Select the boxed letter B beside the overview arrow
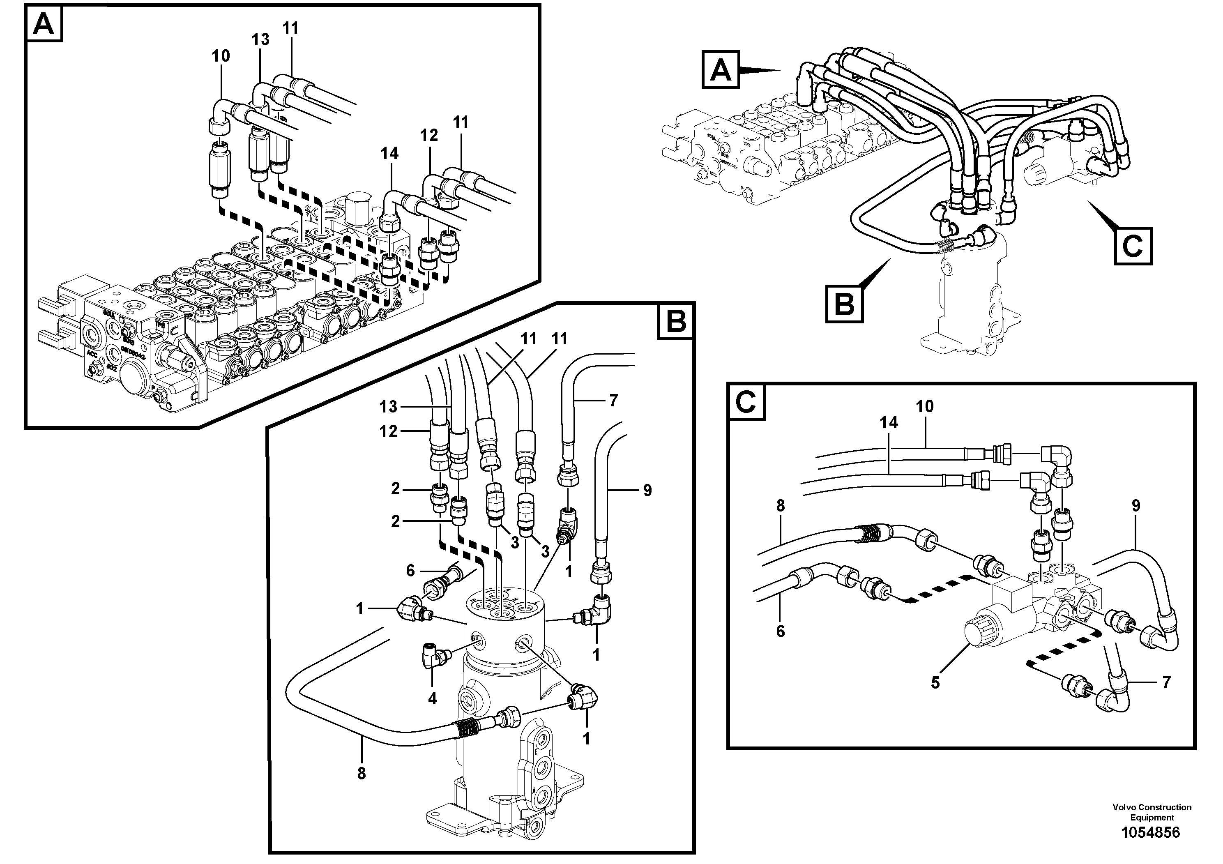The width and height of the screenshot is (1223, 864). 845,304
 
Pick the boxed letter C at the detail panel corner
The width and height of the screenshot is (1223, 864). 746,402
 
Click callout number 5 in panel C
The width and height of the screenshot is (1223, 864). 935,682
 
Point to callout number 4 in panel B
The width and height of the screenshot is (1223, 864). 432,698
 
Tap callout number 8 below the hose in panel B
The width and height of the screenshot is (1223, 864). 362,774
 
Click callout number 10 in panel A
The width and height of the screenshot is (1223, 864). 221,56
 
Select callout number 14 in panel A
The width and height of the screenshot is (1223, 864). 389,153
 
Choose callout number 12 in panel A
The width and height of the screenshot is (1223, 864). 429,135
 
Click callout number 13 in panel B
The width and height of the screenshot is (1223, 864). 388,407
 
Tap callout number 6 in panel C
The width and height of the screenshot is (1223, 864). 781,631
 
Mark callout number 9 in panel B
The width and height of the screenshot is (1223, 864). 647,491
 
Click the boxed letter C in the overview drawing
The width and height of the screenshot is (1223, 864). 1133,246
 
